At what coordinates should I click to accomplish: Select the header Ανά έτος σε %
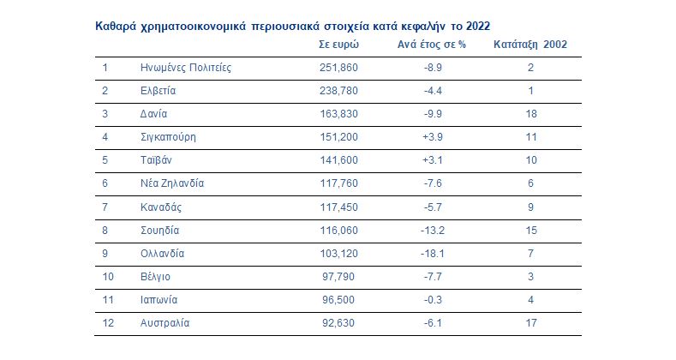[433, 44]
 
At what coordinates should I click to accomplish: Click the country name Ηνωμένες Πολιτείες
[186, 67]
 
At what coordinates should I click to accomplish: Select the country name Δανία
[153, 113]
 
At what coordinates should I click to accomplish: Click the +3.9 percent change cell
[433, 136]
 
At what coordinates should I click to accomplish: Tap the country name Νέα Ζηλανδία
[172, 183]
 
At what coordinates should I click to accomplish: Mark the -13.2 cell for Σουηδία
[433, 230]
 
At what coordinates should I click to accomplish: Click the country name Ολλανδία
[162, 254]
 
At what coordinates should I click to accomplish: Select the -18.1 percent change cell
[433, 254]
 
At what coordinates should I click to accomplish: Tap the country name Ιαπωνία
[160, 300]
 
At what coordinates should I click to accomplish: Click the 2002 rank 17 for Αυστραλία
[531, 323]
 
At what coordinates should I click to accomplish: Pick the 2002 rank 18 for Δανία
[531, 113]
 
